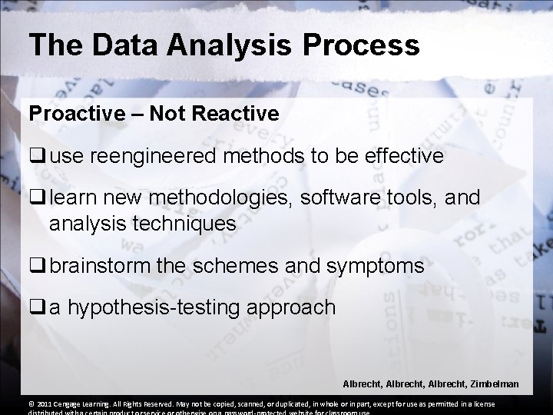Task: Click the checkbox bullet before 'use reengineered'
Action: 37,157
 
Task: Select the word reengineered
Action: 167,156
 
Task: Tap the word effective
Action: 396,156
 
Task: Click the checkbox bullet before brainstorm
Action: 37,266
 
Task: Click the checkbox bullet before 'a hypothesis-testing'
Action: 37,309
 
